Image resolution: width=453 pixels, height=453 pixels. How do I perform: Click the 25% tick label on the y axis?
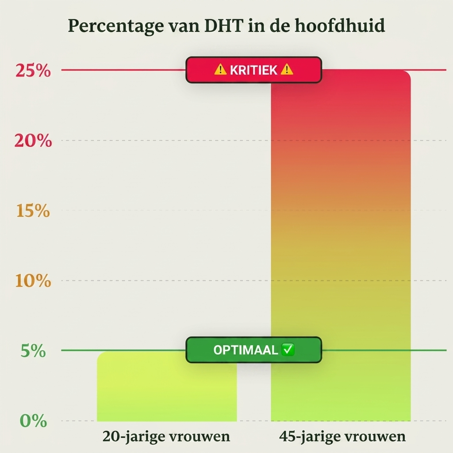(x=33, y=70)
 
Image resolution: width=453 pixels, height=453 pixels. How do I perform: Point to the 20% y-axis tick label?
(x=33, y=141)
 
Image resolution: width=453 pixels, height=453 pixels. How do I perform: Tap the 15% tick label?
(x=33, y=211)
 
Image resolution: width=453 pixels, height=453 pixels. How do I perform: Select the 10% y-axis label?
(x=33, y=280)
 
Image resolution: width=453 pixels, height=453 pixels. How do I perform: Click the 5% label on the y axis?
(x=33, y=351)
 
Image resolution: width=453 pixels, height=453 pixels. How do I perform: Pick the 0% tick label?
(x=33, y=421)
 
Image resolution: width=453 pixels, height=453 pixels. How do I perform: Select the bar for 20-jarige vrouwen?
(x=167, y=386)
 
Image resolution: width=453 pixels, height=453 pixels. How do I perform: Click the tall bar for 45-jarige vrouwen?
(x=341, y=246)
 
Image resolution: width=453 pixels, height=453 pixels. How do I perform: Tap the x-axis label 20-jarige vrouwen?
(x=166, y=436)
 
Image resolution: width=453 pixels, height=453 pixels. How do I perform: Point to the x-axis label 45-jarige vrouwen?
(x=342, y=436)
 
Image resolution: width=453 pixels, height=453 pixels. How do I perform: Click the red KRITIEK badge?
(x=253, y=70)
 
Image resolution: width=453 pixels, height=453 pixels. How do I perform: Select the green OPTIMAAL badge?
(x=253, y=350)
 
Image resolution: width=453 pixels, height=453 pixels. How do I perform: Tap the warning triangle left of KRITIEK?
(x=220, y=69)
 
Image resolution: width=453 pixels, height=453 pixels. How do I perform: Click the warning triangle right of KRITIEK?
(x=287, y=69)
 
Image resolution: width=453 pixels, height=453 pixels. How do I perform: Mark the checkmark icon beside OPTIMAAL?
(x=288, y=349)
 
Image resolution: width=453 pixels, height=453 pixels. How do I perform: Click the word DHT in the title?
(x=223, y=25)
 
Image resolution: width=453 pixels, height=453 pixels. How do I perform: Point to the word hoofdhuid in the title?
(x=340, y=25)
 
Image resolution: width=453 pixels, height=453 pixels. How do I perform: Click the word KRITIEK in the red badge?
(x=253, y=70)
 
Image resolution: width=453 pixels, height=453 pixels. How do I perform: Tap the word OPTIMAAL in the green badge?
(x=246, y=350)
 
